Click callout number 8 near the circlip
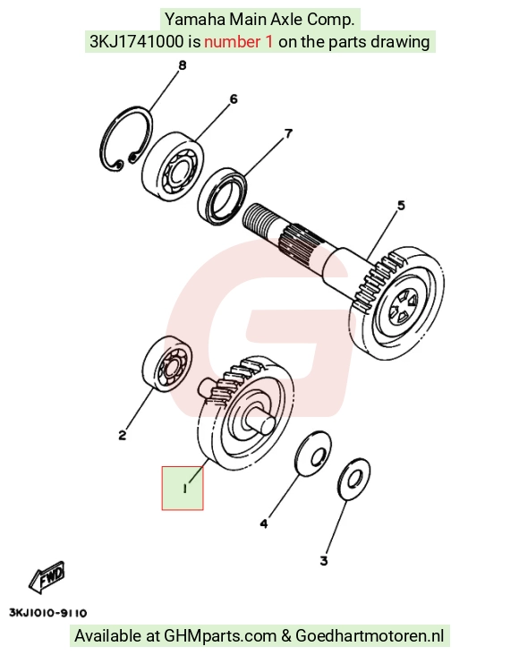[x=183, y=65]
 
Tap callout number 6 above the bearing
[x=234, y=99]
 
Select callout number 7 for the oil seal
[x=288, y=133]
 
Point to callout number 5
[x=401, y=206]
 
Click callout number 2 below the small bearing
[x=122, y=435]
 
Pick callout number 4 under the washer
[x=264, y=523]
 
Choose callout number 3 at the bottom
[x=324, y=560]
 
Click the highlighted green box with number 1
[x=183, y=489]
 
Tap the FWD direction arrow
[x=47, y=577]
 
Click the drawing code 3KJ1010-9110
[x=48, y=613]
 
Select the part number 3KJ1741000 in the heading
[x=136, y=42]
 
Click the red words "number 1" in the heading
[x=239, y=42]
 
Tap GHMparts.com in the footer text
[x=220, y=636]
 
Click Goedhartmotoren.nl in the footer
[x=370, y=636]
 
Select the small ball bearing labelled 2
[x=167, y=364]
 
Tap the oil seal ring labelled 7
[x=222, y=195]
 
